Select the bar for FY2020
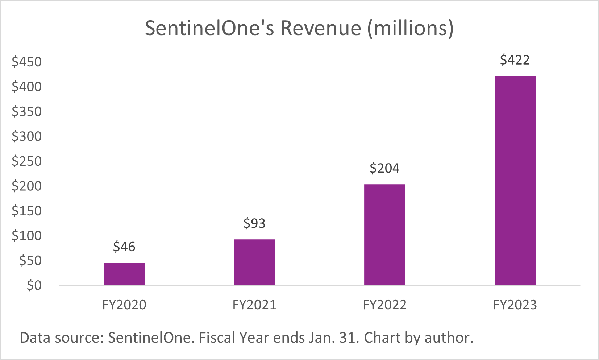(124, 274)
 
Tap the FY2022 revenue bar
(384, 235)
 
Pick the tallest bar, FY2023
(515, 181)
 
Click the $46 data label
(124, 247)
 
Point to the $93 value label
(254, 223)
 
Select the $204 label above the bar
(384, 168)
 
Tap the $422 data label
(515, 60)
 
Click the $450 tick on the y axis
(27, 62)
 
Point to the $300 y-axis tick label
(27, 136)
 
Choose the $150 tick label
(27, 211)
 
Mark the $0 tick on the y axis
(34, 286)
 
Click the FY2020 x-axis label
(124, 305)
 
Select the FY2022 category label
(384, 305)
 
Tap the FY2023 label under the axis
(515, 305)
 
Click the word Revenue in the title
(321, 28)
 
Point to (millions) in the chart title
(410, 28)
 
